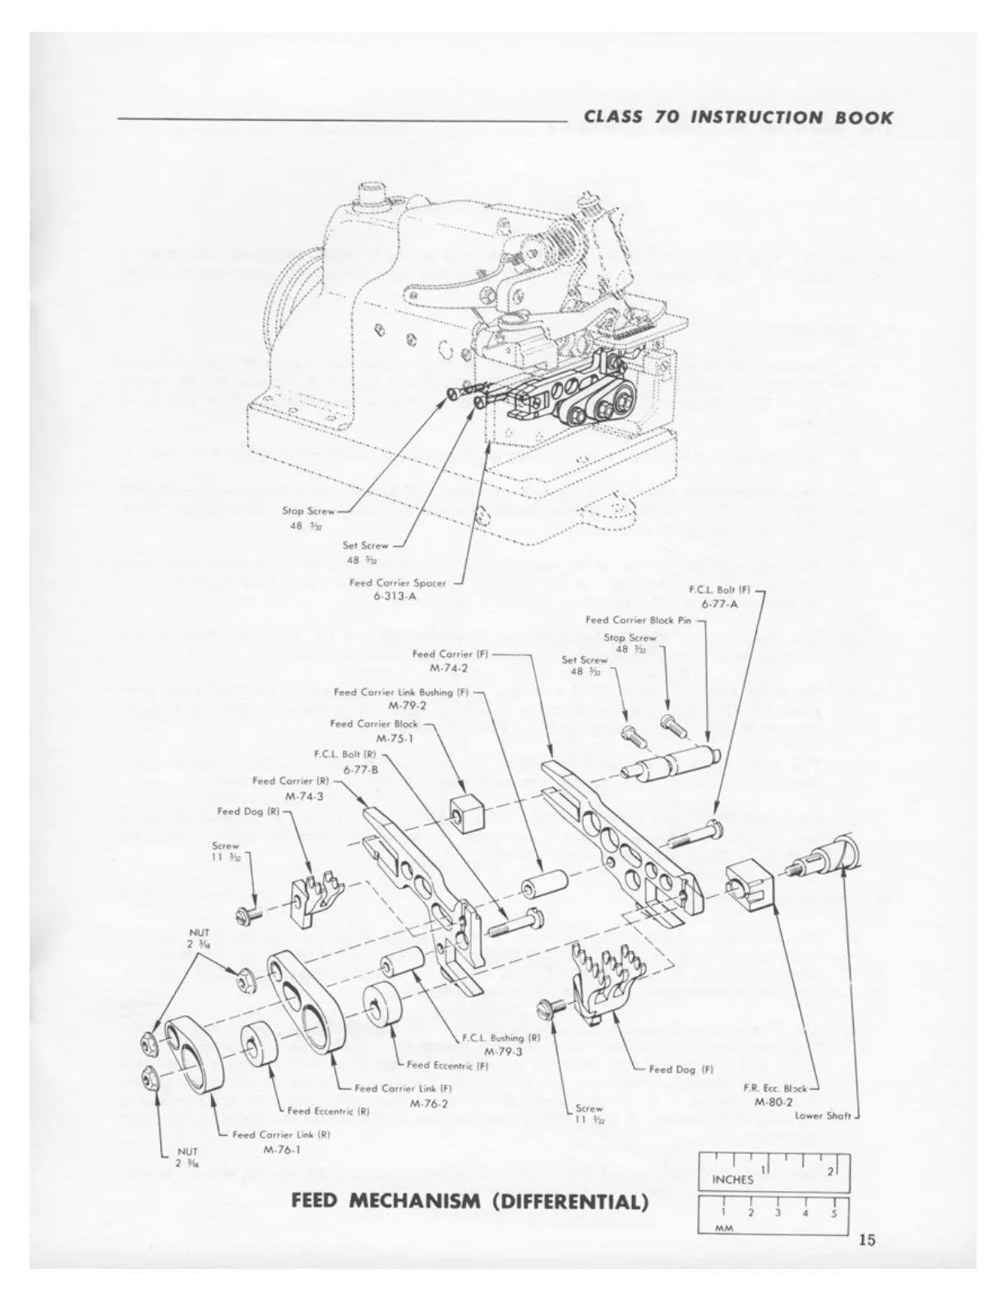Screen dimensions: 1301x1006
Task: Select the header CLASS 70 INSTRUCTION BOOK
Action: (x=738, y=117)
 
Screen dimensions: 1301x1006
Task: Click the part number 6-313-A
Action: (x=395, y=596)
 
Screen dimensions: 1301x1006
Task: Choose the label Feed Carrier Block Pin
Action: (x=640, y=620)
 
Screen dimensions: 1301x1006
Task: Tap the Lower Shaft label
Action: (x=825, y=1115)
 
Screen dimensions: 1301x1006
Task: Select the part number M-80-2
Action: (x=773, y=1101)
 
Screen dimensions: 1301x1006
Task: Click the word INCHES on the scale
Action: (x=732, y=1179)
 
